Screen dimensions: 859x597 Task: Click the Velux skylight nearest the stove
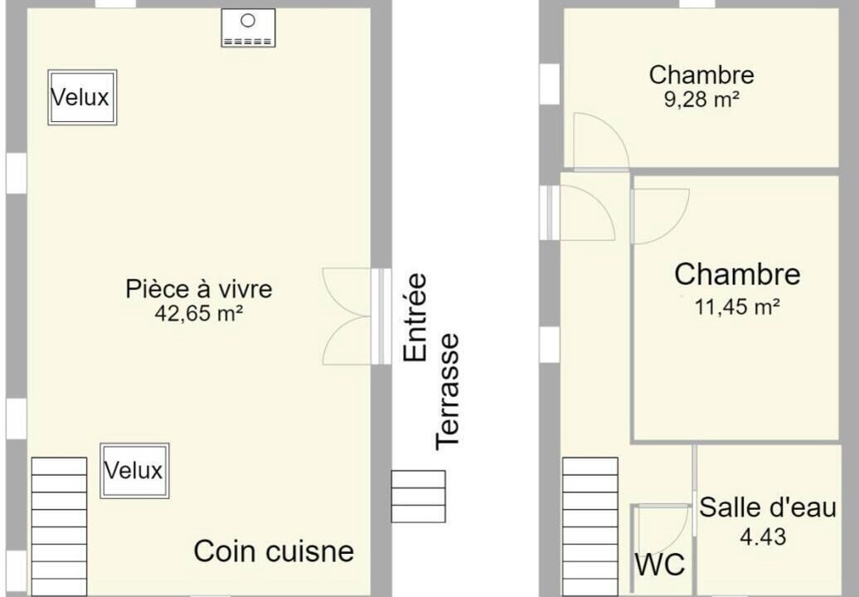click(x=82, y=98)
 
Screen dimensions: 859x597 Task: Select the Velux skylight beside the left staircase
click(x=134, y=470)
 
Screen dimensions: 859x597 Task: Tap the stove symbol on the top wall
click(x=248, y=27)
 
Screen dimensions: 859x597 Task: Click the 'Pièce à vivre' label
click(x=199, y=289)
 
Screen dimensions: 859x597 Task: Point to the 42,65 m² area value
click(x=199, y=313)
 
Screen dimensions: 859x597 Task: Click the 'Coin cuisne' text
click(x=274, y=551)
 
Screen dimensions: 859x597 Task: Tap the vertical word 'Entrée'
click(x=415, y=317)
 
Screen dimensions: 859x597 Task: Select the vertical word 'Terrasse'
click(x=447, y=391)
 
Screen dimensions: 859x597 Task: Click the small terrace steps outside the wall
click(x=418, y=496)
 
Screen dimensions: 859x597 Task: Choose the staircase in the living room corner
click(x=59, y=527)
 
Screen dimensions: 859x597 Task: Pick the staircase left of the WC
click(x=590, y=527)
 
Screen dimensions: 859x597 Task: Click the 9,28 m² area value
click(x=701, y=99)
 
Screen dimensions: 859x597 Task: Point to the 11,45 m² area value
click(x=737, y=307)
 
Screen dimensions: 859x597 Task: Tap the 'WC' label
click(x=660, y=564)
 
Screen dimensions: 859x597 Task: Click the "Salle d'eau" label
click(x=768, y=507)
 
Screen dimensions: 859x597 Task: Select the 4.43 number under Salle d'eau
click(x=763, y=536)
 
